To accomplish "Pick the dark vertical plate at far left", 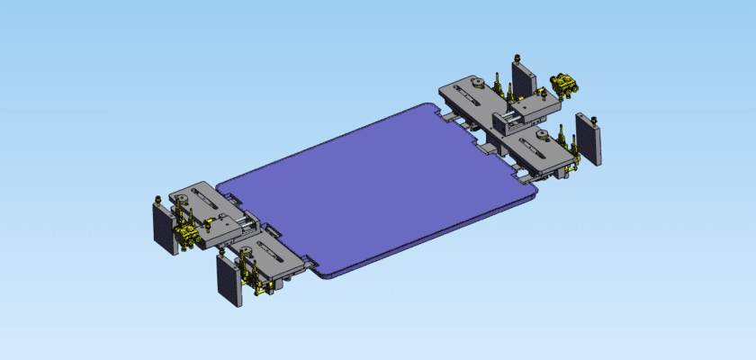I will point(165,227).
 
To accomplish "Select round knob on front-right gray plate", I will point(543,135).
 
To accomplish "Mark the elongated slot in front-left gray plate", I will point(271,253).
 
